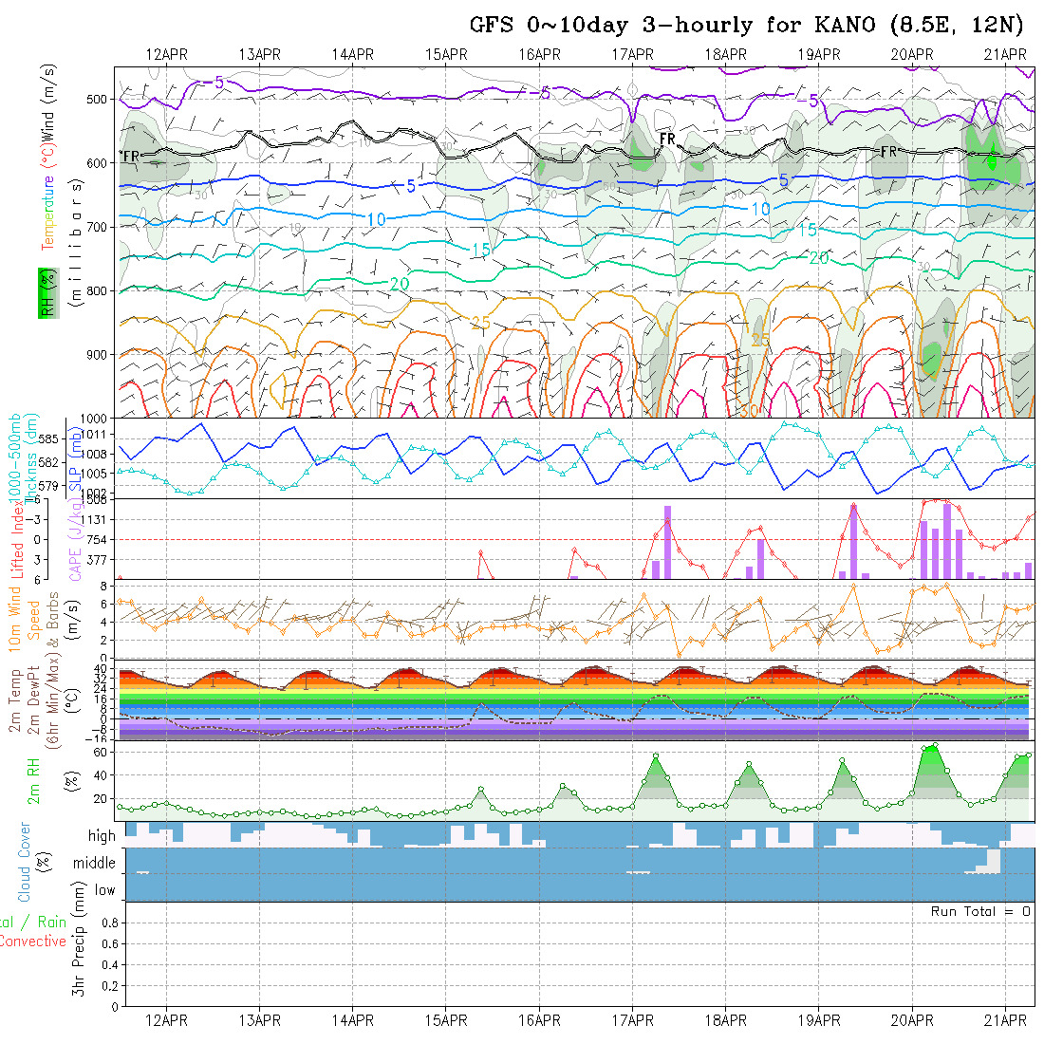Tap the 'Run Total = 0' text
coord(981,911)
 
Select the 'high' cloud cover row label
coord(102,836)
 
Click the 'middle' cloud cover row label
coord(94,863)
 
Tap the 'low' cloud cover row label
coord(104,890)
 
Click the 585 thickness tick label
coord(50,438)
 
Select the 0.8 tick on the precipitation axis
coord(107,923)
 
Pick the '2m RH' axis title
coord(33,780)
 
